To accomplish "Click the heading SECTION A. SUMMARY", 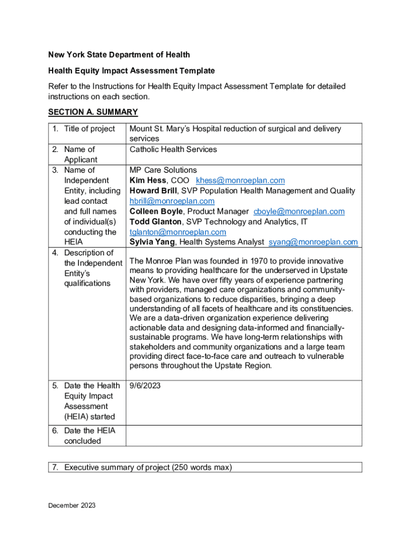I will pyautogui.click(x=93, y=112).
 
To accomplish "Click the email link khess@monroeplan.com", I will pyautogui.click(x=240, y=181).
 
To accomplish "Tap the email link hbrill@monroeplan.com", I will pyautogui.click(x=172, y=201).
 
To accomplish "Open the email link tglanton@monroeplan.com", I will pyautogui.click(x=178, y=232).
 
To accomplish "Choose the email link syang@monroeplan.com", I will pyautogui.click(x=313, y=242).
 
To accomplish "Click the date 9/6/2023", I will pyautogui.click(x=145, y=386).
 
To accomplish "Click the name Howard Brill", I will pyautogui.click(x=153, y=191).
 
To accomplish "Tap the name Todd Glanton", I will pyautogui.click(x=155, y=222).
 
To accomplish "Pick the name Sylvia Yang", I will pyautogui.click(x=152, y=242).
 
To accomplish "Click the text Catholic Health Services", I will pyautogui.click(x=173, y=149).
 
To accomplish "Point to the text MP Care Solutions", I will pyautogui.click(x=163, y=170).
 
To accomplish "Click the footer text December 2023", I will pyautogui.click(x=72, y=505).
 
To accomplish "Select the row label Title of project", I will pyautogui.click(x=89, y=129).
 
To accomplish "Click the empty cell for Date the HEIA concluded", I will pyautogui.click(x=243, y=436).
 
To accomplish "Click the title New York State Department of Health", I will pyautogui.click(x=119, y=55).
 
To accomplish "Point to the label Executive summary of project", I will pyautogui.click(x=148, y=468).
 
